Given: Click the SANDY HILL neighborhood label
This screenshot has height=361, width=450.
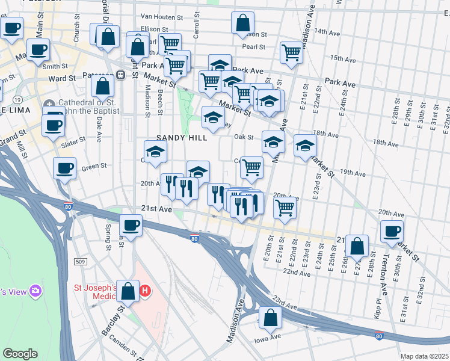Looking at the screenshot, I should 182,138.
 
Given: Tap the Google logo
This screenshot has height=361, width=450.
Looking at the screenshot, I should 20,354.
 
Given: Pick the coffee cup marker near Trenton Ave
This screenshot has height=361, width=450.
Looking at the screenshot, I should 392,232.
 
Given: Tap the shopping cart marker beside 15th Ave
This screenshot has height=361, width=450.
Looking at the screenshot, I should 291,53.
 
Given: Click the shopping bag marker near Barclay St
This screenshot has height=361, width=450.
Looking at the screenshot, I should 128,292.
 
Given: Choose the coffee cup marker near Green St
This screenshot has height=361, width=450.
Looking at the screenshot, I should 64,168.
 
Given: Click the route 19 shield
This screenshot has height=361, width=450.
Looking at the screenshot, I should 18,99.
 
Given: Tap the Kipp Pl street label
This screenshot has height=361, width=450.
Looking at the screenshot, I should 378,297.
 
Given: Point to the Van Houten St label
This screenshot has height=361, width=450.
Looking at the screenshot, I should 161,17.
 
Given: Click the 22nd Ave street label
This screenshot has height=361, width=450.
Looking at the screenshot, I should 296,273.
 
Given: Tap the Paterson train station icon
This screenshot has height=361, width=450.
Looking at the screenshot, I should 120,75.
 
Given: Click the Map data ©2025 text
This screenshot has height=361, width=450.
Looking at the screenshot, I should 424,356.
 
